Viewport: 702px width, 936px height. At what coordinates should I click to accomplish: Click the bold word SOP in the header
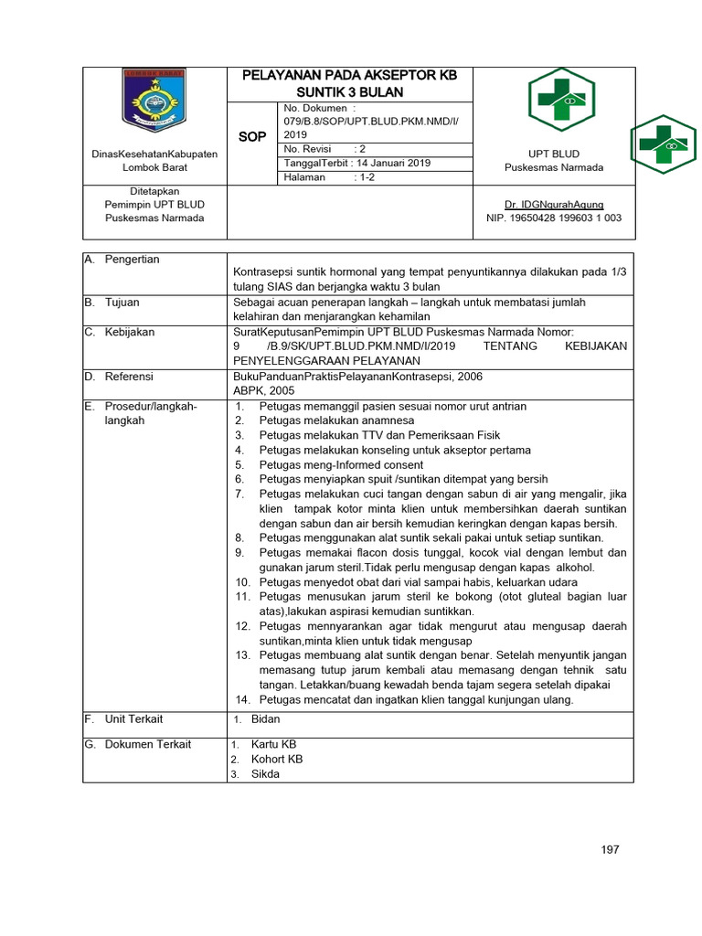(x=252, y=136)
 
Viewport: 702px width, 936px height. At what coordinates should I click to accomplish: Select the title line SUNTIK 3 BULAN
(x=348, y=92)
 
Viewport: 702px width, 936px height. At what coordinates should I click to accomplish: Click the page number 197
(x=611, y=850)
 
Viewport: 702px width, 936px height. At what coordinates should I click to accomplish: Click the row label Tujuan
(x=122, y=302)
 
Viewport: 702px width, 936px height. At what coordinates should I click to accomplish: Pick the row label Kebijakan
(x=129, y=333)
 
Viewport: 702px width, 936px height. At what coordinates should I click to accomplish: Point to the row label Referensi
(x=129, y=376)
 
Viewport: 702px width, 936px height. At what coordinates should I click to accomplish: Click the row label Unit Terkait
(x=134, y=719)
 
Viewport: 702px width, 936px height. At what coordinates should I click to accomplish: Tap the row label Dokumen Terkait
(x=147, y=744)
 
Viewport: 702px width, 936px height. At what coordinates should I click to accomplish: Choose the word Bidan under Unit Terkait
(x=265, y=719)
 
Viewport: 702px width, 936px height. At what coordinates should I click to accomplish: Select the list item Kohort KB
(x=277, y=759)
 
